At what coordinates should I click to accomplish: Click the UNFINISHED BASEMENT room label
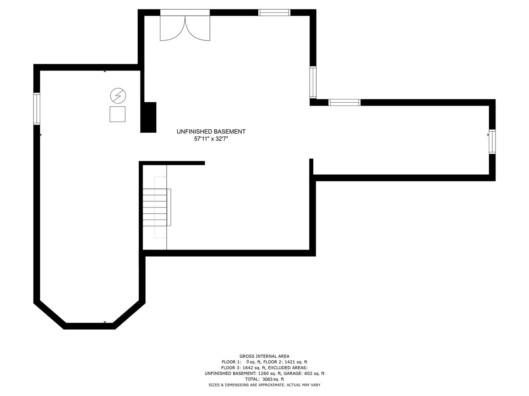211,132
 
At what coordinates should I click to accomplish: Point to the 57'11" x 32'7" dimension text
211,139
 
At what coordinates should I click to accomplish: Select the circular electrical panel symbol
118,96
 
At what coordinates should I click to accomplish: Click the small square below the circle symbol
117,114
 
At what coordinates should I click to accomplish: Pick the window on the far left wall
37,109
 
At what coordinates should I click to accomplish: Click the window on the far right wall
492,141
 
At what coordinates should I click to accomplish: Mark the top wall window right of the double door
274,12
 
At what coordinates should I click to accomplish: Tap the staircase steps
155,207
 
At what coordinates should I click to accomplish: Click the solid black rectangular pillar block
149,117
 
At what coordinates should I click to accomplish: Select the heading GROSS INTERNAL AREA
264,356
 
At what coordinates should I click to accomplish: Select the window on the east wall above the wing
313,82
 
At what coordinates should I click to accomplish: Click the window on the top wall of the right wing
344,102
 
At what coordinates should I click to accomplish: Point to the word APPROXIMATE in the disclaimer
270,385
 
